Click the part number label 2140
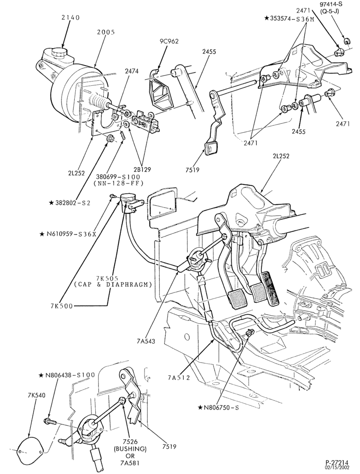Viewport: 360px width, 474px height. [x=71, y=18]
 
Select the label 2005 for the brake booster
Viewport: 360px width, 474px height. [x=106, y=32]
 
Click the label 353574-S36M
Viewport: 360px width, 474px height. [x=289, y=18]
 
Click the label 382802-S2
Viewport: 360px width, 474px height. [x=70, y=203]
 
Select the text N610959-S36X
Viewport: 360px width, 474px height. [x=68, y=234]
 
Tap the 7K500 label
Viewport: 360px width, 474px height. [x=62, y=306]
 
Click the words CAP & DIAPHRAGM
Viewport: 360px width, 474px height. [x=113, y=285]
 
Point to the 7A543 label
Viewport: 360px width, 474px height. [x=145, y=342]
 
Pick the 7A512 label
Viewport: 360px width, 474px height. [x=179, y=378]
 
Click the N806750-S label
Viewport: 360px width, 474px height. [x=218, y=408]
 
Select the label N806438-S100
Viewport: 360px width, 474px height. [x=67, y=375]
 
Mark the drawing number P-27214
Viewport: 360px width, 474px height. [x=337, y=463]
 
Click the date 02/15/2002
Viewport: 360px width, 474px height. [x=337, y=467]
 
